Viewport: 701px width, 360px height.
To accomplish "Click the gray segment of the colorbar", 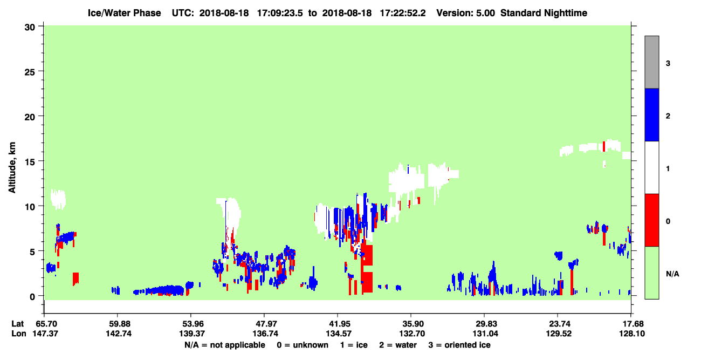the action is (x=651, y=62).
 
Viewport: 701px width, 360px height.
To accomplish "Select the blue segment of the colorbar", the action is (x=651, y=114).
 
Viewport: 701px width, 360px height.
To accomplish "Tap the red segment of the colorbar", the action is (x=651, y=220).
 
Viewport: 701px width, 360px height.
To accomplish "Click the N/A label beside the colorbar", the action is (x=672, y=274).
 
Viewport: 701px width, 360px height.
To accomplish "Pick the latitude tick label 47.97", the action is (x=264, y=324).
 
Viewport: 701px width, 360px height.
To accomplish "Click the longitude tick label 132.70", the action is (x=412, y=334).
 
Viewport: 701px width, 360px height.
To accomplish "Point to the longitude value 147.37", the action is (x=45, y=334).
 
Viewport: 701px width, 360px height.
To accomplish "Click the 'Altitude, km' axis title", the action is (x=12, y=168).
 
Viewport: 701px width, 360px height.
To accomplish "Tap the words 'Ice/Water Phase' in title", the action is (x=124, y=13).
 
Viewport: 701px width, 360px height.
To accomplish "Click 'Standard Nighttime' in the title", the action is (x=544, y=13).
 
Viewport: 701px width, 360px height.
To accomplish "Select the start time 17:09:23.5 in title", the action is (x=280, y=13).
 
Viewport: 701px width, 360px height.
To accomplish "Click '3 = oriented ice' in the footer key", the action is (x=459, y=345).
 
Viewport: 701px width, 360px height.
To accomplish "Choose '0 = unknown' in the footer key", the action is (x=303, y=345).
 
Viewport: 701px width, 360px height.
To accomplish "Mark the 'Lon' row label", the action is (x=19, y=334).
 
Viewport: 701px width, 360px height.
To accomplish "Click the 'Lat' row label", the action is (x=17, y=324).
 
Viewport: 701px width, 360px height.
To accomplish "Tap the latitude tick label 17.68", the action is (x=631, y=324).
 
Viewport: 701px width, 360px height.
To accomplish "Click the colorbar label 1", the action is (x=668, y=169).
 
